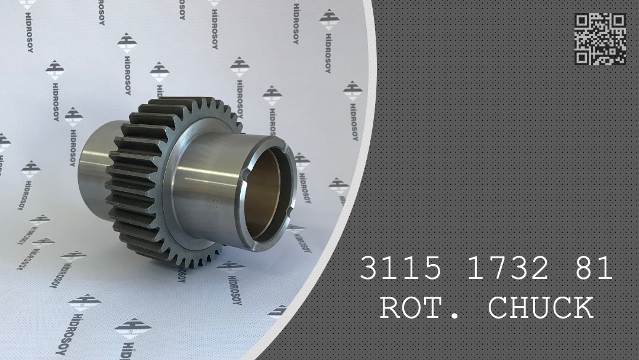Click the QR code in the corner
click(x=600, y=39)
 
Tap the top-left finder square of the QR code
click(x=582, y=21)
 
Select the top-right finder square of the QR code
click(x=619, y=21)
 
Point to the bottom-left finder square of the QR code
click(x=582, y=57)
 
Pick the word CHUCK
click(x=540, y=308)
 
